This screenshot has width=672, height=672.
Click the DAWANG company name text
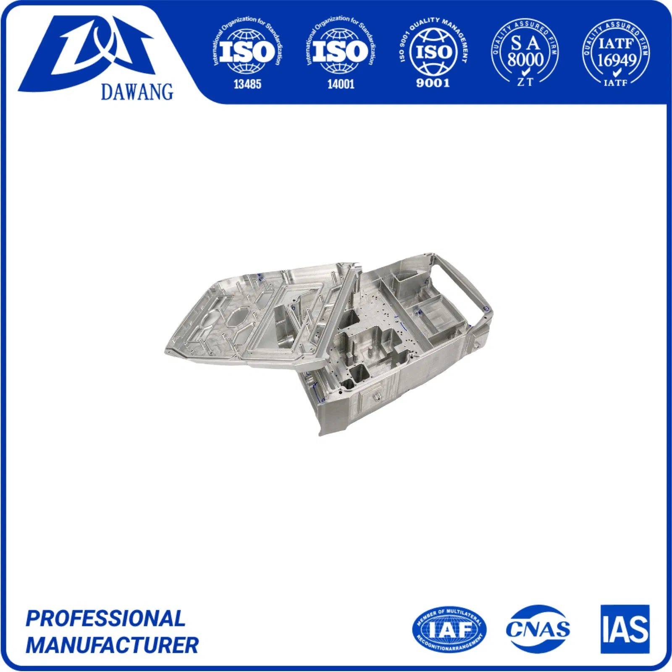click(137, 92)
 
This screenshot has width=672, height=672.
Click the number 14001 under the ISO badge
click(341, 84)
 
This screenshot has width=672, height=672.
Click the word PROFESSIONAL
click(105, 618)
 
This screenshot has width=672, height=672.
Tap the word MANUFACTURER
click(112, 645)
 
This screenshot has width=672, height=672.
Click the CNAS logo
click(538, 629)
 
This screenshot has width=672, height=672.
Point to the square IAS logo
click(625, 629)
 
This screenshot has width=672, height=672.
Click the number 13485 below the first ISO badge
click(247, 84)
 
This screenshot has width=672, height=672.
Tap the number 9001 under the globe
click(433, 83)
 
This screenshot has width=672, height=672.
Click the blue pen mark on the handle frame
click(486, 309)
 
